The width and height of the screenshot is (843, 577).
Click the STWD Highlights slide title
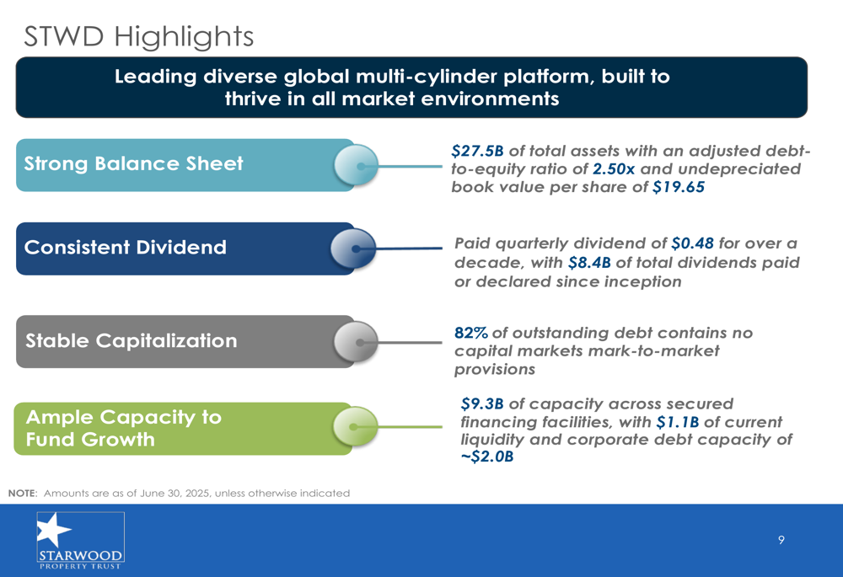(139, 36)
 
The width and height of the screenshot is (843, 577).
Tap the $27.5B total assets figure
(477, 151)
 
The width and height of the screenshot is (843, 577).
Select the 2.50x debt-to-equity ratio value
(614, 169)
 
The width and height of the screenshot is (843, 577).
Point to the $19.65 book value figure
(679, 187)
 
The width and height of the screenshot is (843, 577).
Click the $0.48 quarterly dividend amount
(692, 243)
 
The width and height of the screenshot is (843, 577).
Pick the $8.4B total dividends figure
(589, 263)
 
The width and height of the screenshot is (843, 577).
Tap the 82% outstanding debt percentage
(471, 333)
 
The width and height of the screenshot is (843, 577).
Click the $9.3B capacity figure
(482, 403)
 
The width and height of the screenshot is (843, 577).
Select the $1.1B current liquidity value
(678, 422)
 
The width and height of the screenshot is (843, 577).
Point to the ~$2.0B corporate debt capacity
(487, 457)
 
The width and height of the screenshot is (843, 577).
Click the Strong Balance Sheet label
(133, 163)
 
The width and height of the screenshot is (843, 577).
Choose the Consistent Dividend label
(126, 247)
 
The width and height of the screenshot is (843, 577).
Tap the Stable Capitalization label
(132, 340)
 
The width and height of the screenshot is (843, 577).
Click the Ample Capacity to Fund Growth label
(124, 428)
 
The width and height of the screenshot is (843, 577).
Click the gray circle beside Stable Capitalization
(356, 342)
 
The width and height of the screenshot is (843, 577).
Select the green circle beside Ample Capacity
(356, 426)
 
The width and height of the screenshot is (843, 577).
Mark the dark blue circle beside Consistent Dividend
(353, 248)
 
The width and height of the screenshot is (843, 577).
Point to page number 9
(781, 540)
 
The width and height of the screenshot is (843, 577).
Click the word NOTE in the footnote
(23, 494)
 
